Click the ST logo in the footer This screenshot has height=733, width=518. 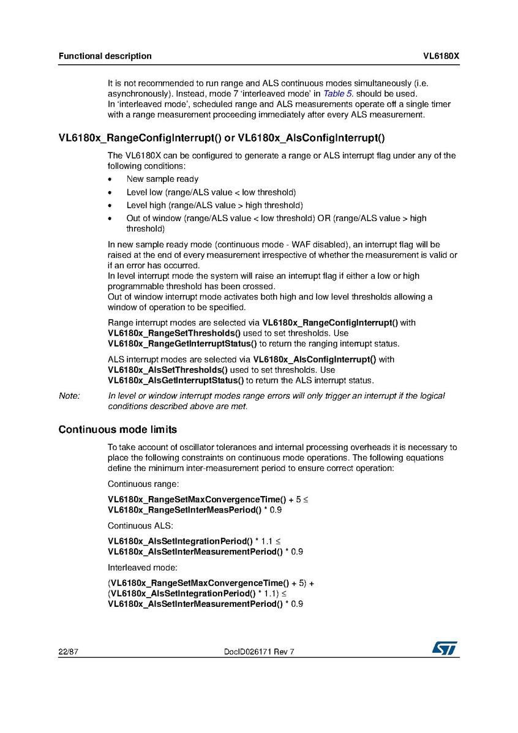pyautogui.click(x=445, y=648)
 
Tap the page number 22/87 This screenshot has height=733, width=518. pyautogui.click(x=69, y=652)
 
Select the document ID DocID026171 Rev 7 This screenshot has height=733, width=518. pyautogui.click(x=260, y=652)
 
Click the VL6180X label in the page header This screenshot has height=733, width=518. pyautogui.click(x=441, y=56)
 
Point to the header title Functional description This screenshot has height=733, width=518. pyautogui.click(x=105, y=56)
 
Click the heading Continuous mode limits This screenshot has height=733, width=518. pyautogui.click(x=118, y=429)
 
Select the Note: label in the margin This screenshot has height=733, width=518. pyautogui.click(x=69, y=396)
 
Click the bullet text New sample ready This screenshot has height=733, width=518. pyautogui.click(x=162, y=179)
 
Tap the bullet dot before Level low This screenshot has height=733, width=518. pyautogui.click(x=110, y=192)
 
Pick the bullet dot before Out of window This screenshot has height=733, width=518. pyautogui.click(x=110, y=219)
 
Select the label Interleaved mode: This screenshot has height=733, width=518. pyautogui.click(x=142, y=568)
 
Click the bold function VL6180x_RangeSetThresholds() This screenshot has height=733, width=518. pyautogui.click(x=170, y=333)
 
